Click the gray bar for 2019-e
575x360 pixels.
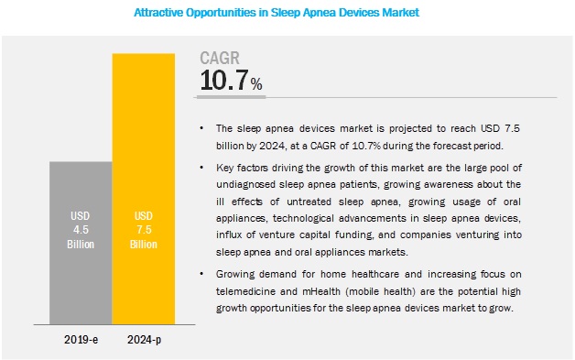coord(81,243)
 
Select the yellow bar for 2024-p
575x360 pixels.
coord(144,189)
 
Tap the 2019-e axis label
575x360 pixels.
coord(81,340)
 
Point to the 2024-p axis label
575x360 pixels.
coord(144,340)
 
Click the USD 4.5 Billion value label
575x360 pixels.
coord(81,230)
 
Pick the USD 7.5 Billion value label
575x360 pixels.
coord(144,230)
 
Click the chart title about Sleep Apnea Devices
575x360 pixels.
coord(277,13)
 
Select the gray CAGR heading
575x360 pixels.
coord(220,58)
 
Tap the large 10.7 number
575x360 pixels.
coord(224,81)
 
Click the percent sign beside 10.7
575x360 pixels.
coord(256,84)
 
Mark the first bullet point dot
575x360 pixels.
coord(201,128)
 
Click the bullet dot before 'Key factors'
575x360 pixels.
coord(201,168)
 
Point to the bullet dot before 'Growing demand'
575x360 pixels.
coord(201,274)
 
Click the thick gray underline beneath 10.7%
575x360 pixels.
coord(231,97)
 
